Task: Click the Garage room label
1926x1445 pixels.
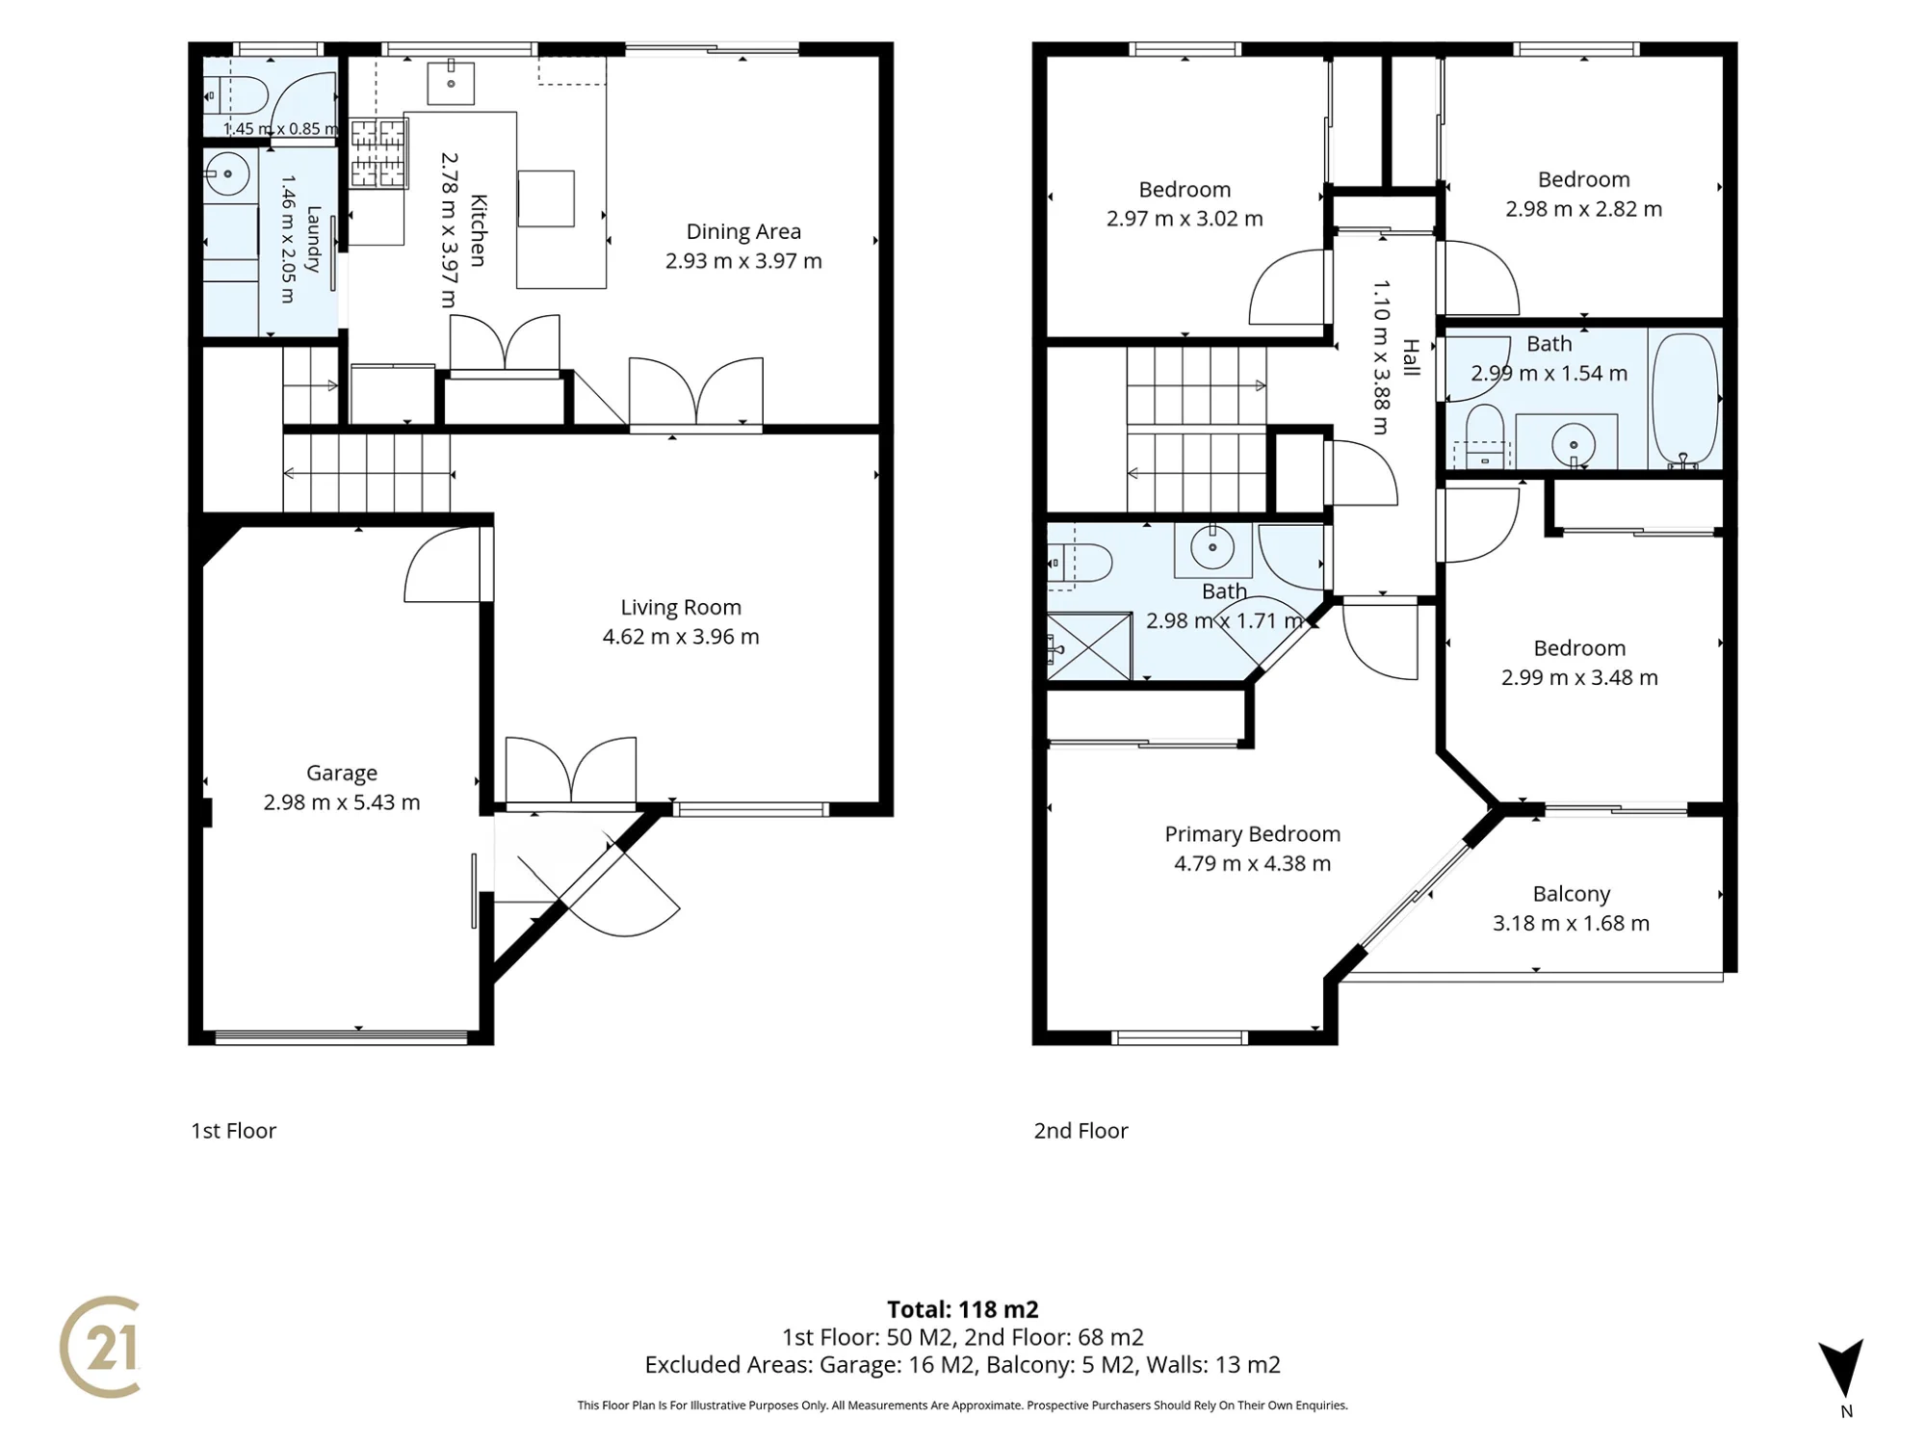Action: [342, 773]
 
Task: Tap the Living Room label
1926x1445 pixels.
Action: [681, 607]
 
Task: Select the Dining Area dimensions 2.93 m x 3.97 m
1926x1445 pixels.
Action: [743, 261]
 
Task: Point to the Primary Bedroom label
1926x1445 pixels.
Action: [1252, 834]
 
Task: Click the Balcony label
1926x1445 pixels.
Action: [1572, 894]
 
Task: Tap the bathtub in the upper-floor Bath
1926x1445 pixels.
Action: [1685, 401]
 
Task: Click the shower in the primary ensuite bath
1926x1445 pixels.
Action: [1089, 646]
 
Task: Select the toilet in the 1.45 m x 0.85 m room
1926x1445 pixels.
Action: [236, 95]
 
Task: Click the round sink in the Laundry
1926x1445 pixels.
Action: [228, 174]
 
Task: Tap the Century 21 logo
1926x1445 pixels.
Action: [100, 1347]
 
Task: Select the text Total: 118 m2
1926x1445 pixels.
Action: [963, 1309]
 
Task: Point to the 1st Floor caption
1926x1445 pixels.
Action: [233, 1131]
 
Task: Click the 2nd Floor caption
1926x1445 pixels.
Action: [1080, 1131]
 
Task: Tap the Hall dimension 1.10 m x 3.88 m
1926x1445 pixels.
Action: [1381, 357]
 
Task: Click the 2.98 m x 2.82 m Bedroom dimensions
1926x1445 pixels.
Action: [1584, 209]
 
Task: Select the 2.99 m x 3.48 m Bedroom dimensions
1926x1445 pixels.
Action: [1579, 678]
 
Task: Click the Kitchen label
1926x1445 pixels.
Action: [478, 230]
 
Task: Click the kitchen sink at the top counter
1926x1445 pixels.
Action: [451, 83]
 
